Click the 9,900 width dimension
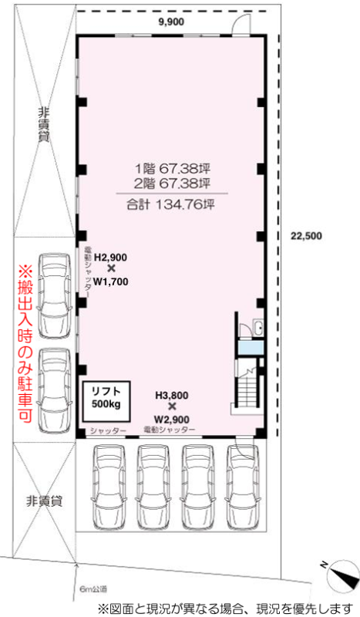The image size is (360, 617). pos(171,22)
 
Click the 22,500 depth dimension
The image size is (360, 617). pos(307,236)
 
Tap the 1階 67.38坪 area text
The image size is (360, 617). pos(173,169)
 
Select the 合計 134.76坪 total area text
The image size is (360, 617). pos(171,204)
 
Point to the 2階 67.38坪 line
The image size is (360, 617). pos(173,184)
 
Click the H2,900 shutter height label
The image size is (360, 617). pos(111,258)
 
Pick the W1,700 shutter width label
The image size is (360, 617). pos(112,282)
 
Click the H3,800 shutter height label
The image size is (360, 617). pos(172,396)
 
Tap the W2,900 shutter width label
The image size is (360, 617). pos(173,420)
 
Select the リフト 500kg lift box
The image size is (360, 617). pos(106,401)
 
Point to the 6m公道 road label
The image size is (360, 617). pos(93,589)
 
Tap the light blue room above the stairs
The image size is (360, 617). pos(251,348)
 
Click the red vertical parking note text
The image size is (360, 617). pos(25,343)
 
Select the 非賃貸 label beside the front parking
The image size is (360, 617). pos(44,501)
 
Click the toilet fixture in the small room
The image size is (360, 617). pos(258,327)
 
